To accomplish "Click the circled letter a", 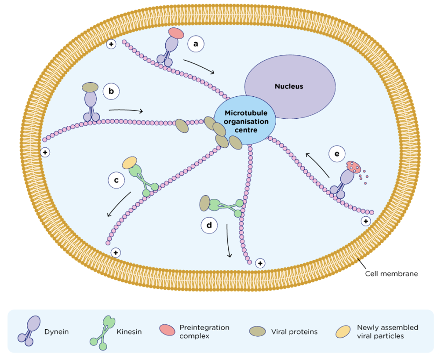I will click(196, 44).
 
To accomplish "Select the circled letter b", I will click(111, 91).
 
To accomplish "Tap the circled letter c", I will click(117, 180).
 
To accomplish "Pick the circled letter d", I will click(209, 225).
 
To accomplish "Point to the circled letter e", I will click(337, 154).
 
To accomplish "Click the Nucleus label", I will click(289, 86).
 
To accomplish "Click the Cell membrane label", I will click(391, 274).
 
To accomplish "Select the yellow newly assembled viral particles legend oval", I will click(344, 331).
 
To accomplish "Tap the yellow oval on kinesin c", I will click(130, 162).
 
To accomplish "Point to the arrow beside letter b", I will click(125, 110).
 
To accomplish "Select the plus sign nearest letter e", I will click(365, 221).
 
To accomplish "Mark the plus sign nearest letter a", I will click(111, 44).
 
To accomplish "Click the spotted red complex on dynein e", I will click(352, 167).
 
